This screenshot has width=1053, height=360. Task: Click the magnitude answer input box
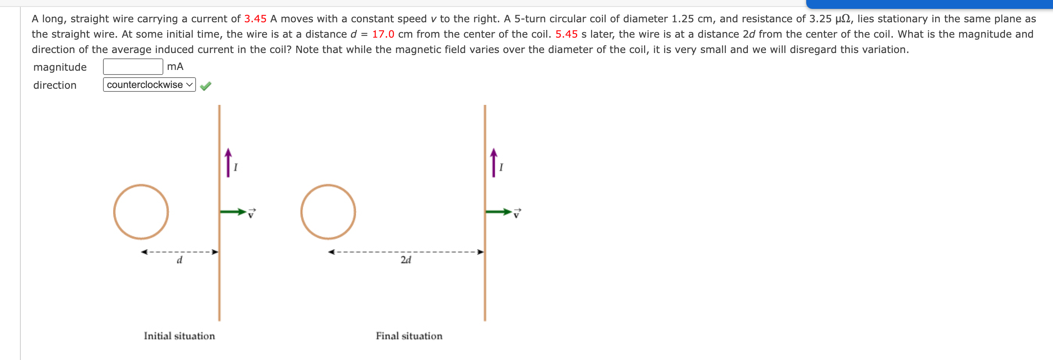click(133, 66)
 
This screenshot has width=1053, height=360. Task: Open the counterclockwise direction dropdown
click(149, 85)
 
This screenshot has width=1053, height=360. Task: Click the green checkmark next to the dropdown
click(206, 85)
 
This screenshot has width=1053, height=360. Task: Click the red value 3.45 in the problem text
click(255, 19)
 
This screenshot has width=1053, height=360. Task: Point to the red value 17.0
click(383, 34)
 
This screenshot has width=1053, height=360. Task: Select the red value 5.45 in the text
click(566, 34)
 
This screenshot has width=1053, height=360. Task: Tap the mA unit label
click(175, 66)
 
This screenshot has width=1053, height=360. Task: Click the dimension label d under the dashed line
click(179, 260)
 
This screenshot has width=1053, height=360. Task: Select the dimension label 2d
click(405, 260)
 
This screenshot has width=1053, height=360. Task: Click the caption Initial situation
click(179, 336)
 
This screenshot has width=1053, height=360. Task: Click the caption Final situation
click(409, 336)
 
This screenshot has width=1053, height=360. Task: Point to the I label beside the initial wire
click(236, 167)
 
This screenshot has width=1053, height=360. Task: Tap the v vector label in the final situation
click(517, 213)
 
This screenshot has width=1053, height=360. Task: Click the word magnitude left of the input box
click(60, 67)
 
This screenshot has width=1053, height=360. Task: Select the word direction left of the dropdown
click(55, 85)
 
